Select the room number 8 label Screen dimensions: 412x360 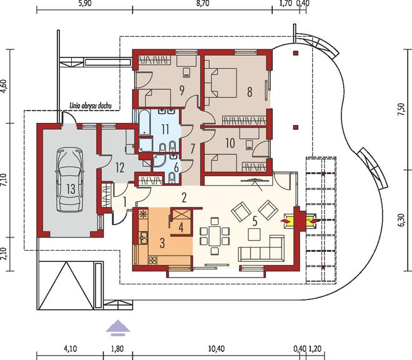[250, 92]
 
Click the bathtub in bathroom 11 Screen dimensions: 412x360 [144, 122]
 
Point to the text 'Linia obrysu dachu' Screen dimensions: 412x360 [91, 106]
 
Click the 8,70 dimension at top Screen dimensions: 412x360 [203, 4]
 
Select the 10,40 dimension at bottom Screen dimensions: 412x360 [216, 349]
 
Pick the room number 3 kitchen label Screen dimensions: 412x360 [162, 243]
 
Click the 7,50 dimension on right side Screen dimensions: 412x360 [401, 109]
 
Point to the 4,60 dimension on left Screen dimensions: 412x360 [4, 86]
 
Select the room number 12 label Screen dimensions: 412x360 [120, 167]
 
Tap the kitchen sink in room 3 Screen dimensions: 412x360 [144, 237]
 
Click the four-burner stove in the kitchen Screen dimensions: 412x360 [152, 260]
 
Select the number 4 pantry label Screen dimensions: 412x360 [181, 227]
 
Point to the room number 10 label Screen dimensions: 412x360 [230, 143]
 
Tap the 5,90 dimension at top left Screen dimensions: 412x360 [85, 4]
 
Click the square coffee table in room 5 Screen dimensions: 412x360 [254, 234]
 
